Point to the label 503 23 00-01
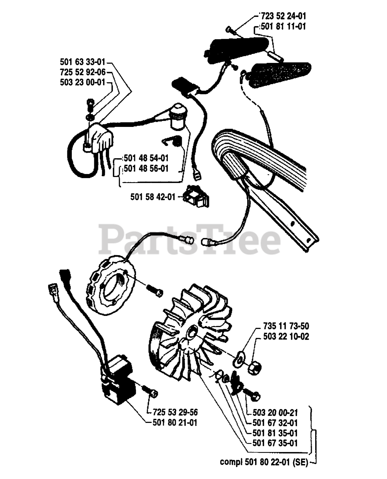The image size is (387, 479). pyautogui.click(x=83, y=83)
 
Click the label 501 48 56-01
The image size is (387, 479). pyautogui.click(x=146, y=169)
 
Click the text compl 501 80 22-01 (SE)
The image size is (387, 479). pyautogui.click(x=264, y=463)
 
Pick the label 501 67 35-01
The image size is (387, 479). pyautogui.click(x=275, y=443)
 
